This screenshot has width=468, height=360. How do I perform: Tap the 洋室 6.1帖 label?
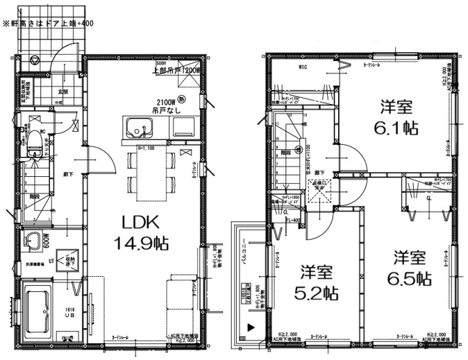point(396,118)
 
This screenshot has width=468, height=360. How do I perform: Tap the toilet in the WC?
point(32,146)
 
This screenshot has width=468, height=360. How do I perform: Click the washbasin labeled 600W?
point(32,243)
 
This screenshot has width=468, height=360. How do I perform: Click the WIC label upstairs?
point(303,67)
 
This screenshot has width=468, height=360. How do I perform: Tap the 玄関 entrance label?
point(62,91)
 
